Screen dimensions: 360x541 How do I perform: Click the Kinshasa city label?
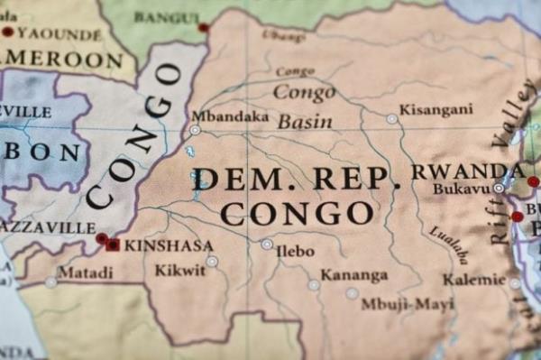point(169,245)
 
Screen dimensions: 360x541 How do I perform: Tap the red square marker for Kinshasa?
point(113,245)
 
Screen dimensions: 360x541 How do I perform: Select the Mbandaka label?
point(217,116)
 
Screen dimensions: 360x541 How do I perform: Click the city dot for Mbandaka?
point(195,130)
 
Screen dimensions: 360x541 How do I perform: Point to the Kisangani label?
point(436,109)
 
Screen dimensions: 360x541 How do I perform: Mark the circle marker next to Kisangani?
point(391,118)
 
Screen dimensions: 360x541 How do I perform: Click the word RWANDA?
point(467,171)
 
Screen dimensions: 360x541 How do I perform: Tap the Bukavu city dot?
point(498,188)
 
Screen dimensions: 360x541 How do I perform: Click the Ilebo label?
point(296,250)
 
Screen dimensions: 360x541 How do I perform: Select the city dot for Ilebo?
point(267,244)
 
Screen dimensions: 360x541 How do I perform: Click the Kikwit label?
point(179,270)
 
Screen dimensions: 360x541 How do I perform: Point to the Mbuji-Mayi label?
point(408,304)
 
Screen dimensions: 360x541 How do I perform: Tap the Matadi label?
point(86,272)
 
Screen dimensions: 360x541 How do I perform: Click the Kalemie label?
point(474,280)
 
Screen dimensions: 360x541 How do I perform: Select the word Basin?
point(305,122)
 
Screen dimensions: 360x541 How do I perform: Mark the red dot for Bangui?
point(204,28)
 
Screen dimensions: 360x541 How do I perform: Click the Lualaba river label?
point(448,244)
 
